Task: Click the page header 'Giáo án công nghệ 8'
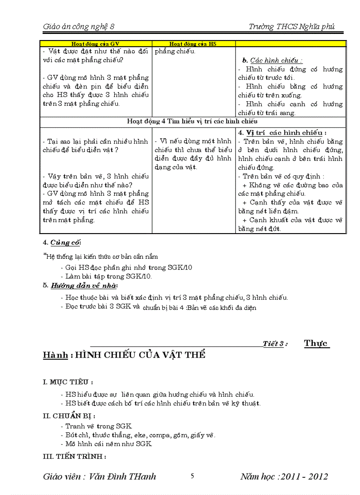pyautogui.click(x=79, y=26)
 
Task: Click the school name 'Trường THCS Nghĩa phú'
pyautogui.click(x=291, y=26)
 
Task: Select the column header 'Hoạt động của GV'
pyautogui.click(x=96, y=44)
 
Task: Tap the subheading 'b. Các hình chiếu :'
pyautogui.click(x=272, y=60)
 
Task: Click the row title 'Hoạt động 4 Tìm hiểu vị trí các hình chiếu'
pyautogui.click(x=192, y=121)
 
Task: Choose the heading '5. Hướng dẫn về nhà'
pyautogui.click(x=74, y=285)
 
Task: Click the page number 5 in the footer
pyautogui.click(x=192, y=476)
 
